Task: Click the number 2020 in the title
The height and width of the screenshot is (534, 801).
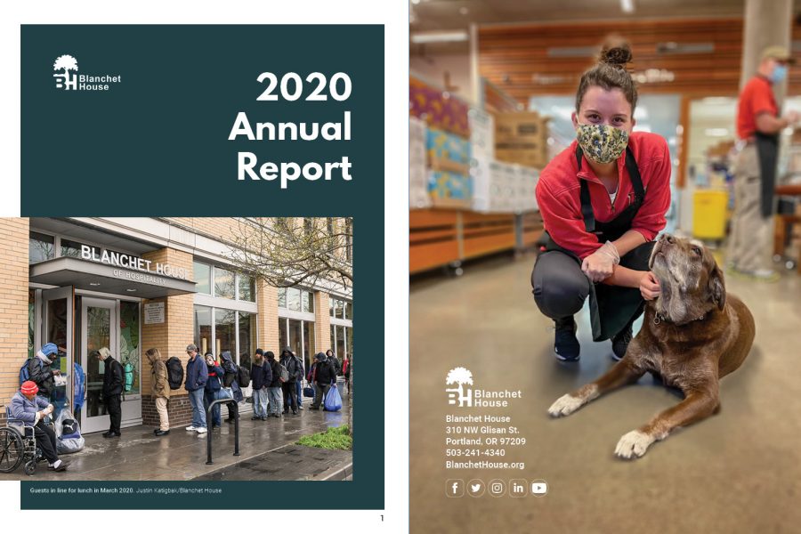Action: pos(304,86)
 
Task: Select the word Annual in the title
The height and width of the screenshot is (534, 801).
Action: pos(291,126)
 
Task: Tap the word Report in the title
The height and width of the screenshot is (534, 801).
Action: pos(295,167)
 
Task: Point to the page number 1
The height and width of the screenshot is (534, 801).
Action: pos(382,518)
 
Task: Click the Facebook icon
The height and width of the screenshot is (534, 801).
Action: pos(455,488)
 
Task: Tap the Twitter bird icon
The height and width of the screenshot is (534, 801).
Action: pos(475,488)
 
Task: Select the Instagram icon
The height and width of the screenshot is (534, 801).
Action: pos(497,488)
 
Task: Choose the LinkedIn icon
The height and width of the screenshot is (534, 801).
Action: pos(518,488)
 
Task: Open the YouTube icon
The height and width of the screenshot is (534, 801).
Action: pos(539,488)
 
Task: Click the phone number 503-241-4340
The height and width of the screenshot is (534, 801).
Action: pos(475,453)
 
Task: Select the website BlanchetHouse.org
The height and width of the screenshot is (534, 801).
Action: pos(485,465)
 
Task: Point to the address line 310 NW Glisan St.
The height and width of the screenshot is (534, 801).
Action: pos(482,430)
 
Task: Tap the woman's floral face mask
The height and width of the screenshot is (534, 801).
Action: pos(603,143)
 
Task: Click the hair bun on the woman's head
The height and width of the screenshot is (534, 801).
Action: pos(616,54)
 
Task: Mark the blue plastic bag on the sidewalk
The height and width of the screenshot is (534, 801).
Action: pos(333,398)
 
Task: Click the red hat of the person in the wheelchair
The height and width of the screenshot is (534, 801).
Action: pos(29,388)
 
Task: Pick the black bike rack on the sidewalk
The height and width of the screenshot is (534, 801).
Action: pos(222,429)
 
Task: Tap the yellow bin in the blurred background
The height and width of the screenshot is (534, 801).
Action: pos(709,214)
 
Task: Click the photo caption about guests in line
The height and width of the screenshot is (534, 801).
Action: pos(125,490)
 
